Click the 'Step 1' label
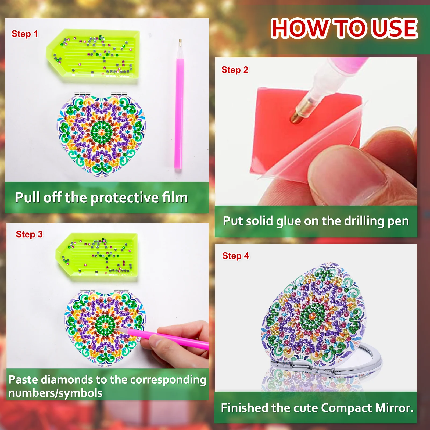[24, 34]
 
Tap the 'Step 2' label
[235, 70]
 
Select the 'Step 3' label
[29, 234]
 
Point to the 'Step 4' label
[235, 256]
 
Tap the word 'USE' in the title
[395, 28]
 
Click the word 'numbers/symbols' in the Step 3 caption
[55, 393]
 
